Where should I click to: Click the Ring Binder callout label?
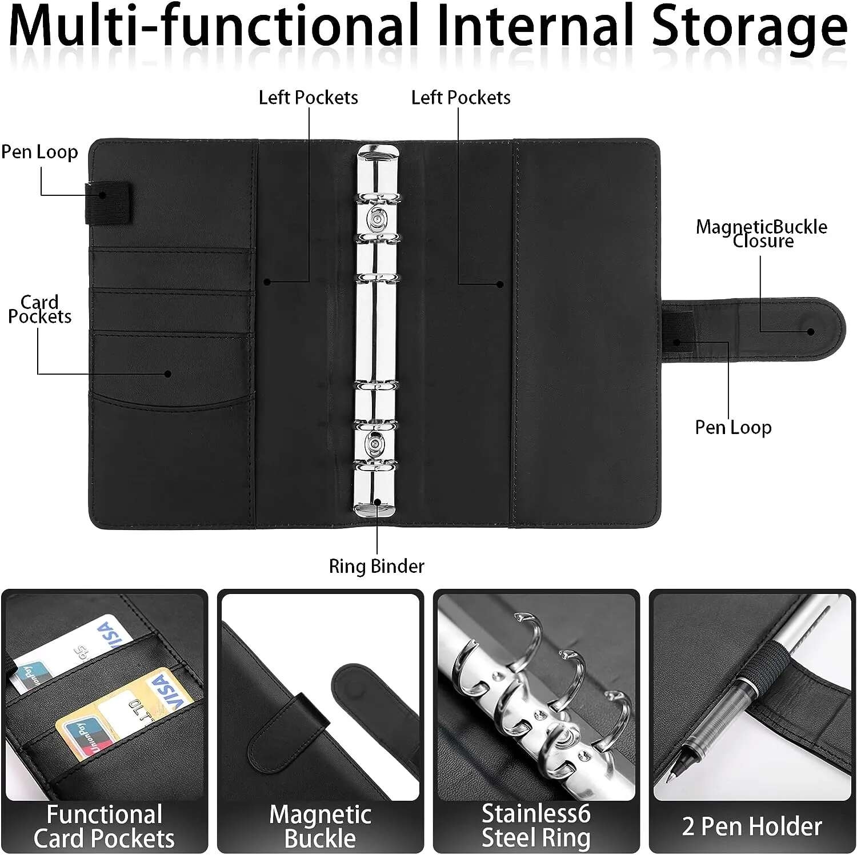click(x=377, y=566)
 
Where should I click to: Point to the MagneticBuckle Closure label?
click(x=762, y=234)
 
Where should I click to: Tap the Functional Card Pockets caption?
click(x=104, y=826)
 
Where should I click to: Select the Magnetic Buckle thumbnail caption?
click(x=320, y=826)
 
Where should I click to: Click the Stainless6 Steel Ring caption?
click(x=536, y=825)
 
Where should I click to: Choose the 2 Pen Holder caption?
click(x=752, y=826)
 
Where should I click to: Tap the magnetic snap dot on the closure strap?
click(x=810, y=331)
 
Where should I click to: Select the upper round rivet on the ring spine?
click(x=377, y=220)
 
